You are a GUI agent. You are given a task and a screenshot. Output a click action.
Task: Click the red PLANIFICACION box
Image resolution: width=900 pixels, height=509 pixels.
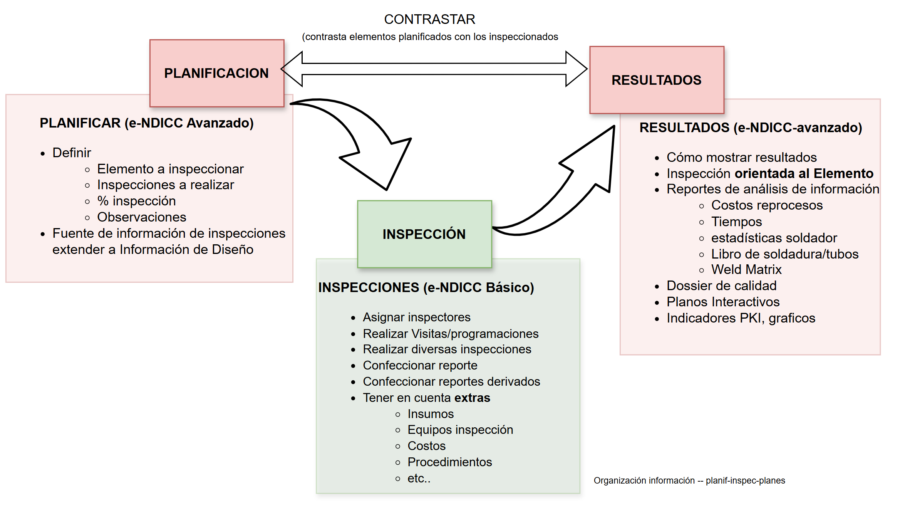click(x=216, y=73)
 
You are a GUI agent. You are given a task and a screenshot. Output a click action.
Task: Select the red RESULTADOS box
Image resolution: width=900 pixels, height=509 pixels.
click(x=656, y=80)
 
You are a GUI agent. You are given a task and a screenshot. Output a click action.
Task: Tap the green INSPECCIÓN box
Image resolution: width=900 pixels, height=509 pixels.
click(x=424, y=234)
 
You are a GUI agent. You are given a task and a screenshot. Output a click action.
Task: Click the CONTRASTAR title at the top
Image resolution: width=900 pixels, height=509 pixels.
click(x=429, y=19)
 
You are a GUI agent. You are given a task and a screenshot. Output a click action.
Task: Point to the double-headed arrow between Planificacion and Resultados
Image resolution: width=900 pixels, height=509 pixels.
click(x=434, y=69)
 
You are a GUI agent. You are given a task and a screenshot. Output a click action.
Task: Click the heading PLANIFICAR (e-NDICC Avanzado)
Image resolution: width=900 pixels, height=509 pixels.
click(x=146, y=123)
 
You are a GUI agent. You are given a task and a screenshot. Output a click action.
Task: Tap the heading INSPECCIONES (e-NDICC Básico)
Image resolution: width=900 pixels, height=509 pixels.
click(x=426, y=287)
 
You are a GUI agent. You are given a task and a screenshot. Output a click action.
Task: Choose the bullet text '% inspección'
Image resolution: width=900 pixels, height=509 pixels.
click(x=136, y=201)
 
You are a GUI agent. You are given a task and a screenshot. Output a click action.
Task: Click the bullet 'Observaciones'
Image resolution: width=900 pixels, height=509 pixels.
click(x=141, y=217)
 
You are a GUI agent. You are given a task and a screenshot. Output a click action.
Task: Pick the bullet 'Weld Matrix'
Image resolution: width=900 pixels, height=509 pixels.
click(x=746, y=270)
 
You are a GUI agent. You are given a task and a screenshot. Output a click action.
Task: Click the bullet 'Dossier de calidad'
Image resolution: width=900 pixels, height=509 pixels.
click(x=721, y=286)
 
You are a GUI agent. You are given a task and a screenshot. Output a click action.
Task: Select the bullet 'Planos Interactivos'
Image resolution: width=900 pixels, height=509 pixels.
click(x=723, y=302)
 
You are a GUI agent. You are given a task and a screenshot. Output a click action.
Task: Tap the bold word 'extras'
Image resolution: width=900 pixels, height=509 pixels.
click(x=472, y=398)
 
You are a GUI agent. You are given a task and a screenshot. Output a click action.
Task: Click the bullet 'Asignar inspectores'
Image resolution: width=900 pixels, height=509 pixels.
click(x=416, y=317)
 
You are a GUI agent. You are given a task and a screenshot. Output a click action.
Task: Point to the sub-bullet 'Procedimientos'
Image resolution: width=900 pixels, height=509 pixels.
click(x=449, y=462)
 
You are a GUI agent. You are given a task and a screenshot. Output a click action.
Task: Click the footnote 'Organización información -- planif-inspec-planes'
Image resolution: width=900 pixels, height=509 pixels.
click(x=689, y=480)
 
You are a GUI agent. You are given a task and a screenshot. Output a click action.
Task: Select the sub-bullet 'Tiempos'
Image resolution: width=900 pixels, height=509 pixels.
click(x=736, y=222)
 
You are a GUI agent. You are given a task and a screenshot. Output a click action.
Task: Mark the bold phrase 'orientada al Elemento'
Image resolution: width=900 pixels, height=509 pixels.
click(x=804, y=173)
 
